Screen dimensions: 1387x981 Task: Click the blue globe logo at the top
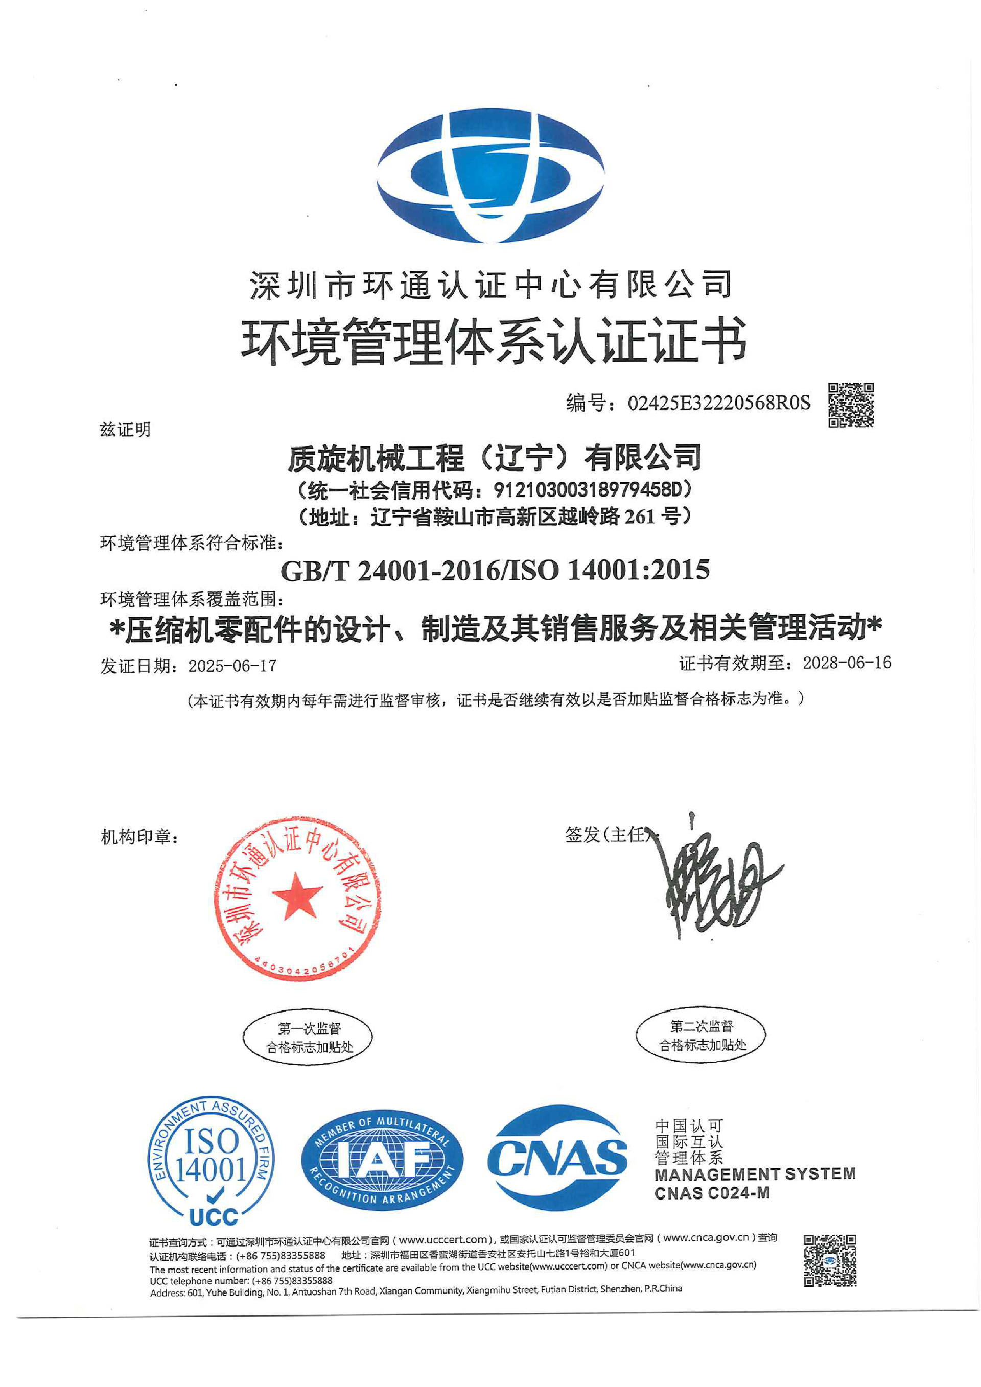pyautogui.click(x=490, y=175)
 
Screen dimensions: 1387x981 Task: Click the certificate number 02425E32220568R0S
pyautogui.click(x=719, y=403)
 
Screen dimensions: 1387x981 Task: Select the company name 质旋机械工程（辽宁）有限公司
pyautogui.click(x=494, y=457)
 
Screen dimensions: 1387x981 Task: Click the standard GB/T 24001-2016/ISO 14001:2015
pyautogui.click(x=495, y=570)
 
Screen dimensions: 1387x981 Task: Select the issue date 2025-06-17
pyautogui.click(x=232, y=666)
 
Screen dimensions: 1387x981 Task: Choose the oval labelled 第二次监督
pyautogui.click(x=700, y=1036)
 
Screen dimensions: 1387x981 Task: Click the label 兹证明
pyautogui.click(x=125, y=430)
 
